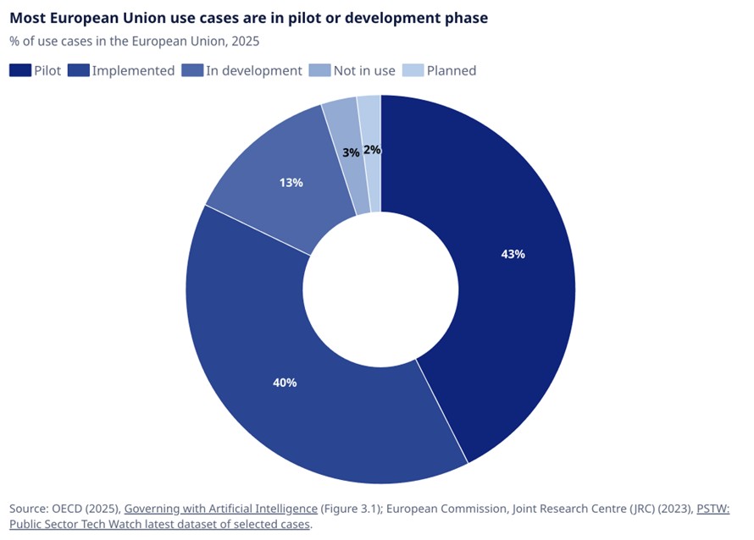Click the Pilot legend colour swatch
tap(20, 70)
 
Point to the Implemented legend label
tap(133, 70)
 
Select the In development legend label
tap(254, 70)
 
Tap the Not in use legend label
tap(364, 70)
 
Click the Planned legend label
tap(452, 70)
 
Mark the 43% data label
tap(513, 254)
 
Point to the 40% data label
tap(285, 383)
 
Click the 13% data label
tap(291, 182)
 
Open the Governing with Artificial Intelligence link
tap(220, 508)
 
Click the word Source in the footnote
tap(30, 508)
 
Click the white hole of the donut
tap(380, 289)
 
